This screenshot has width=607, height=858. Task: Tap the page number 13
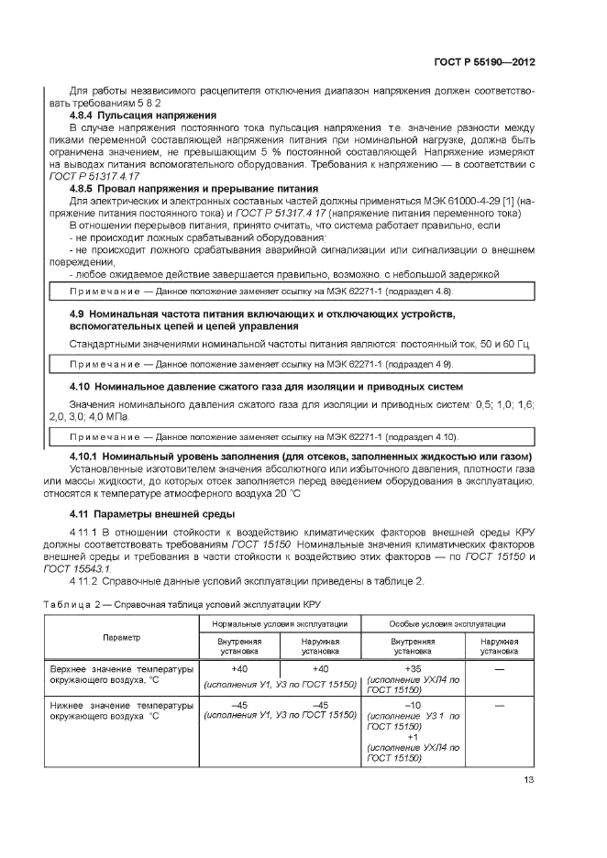pyautogui.click(x=529, y=780)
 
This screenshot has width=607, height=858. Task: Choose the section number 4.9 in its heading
pyautogui.click(x=77, y=314)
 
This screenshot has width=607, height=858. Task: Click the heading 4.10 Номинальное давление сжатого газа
pyautogui.click(x=267, y=387)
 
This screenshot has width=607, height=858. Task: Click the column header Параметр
pyautogui.click(x=122, y=637)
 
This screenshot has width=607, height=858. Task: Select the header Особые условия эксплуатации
pyautogui.click(x=447, y=623)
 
